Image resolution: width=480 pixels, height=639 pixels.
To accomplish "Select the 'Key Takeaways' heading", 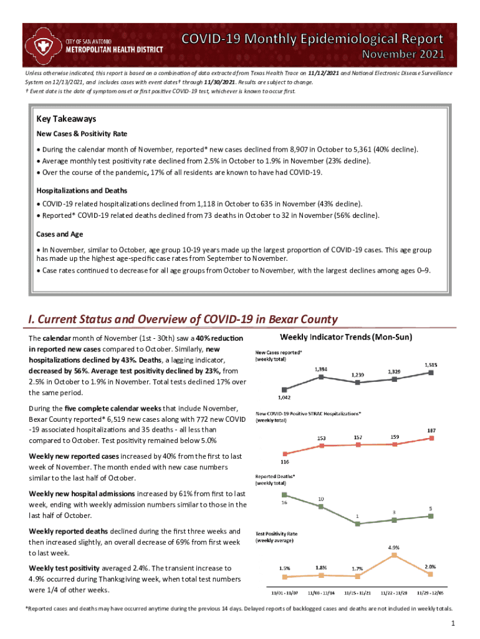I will click(66, 119).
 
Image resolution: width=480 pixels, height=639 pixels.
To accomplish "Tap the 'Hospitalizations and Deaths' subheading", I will click(82, 190).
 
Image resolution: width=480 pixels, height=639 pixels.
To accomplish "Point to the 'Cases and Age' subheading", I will click(60, 235).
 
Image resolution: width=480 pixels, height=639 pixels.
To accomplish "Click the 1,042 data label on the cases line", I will click(284, 397).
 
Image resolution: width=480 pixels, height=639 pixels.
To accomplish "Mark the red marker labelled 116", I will click(284, 454).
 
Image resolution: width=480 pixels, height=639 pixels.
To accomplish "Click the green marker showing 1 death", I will click(358, 524).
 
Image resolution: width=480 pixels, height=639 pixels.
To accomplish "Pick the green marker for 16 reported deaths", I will click(284, 495).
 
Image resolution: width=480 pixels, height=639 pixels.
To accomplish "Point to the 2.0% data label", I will click(431, 567).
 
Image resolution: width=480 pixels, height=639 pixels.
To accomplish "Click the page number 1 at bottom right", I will click(454, 624).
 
